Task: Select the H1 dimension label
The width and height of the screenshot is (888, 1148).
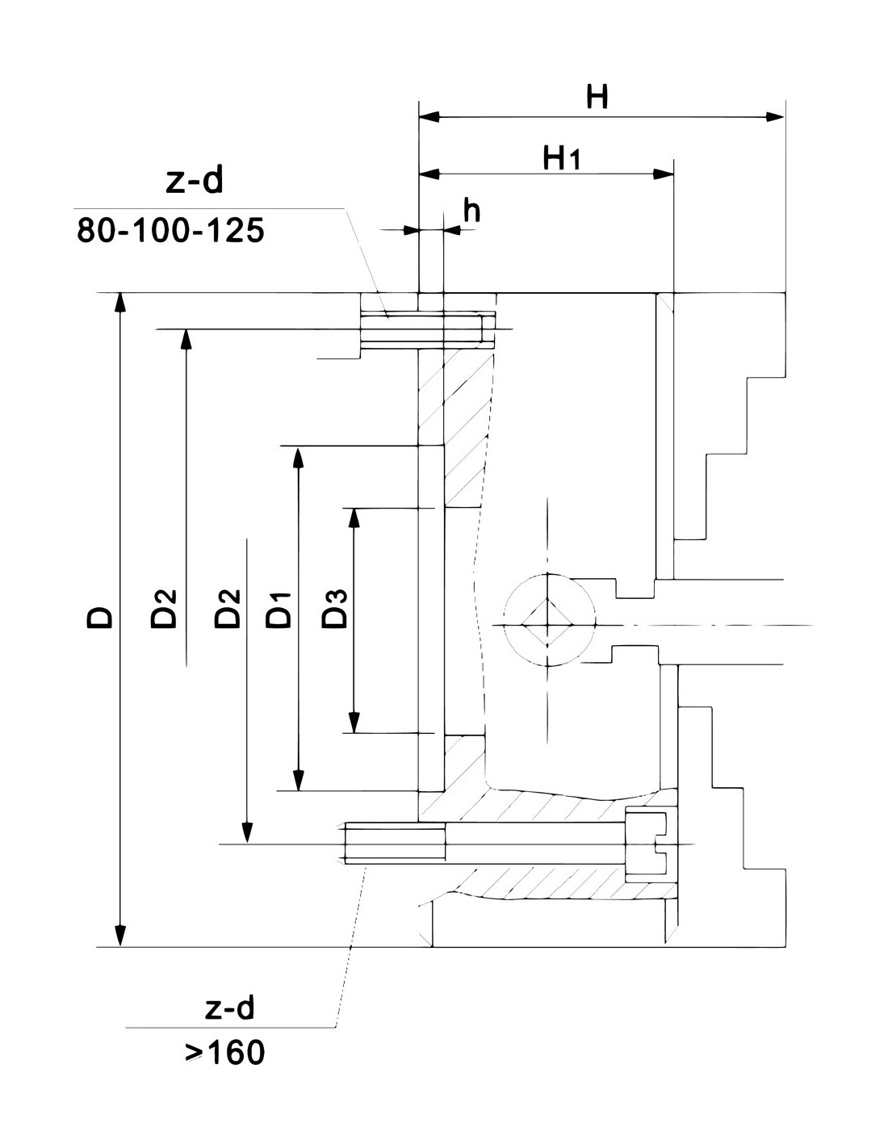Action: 562,158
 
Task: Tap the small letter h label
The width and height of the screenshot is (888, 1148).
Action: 471,210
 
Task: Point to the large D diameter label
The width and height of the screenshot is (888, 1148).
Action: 100,616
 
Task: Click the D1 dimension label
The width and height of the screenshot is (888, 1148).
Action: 279,610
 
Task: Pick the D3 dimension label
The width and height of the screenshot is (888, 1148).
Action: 335,608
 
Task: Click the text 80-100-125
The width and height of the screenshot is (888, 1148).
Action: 170,230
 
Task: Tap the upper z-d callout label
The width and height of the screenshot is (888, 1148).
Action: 195,181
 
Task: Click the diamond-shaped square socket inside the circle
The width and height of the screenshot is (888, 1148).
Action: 548,625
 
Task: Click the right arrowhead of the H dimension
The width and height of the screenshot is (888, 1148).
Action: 774,117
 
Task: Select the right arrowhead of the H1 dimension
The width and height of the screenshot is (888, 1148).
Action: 664,174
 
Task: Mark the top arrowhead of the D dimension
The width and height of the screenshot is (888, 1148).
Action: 121,304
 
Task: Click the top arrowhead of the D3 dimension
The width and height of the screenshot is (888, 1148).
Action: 354,518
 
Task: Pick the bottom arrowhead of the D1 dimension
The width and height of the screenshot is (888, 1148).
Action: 299,781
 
